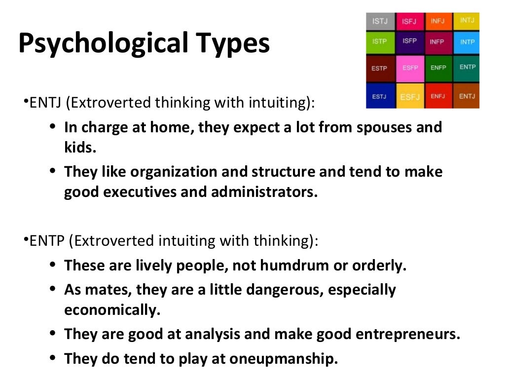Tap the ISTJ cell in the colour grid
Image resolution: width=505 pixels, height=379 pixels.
(x=379, y=21)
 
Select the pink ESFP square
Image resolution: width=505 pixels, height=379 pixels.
(x=409, y=68)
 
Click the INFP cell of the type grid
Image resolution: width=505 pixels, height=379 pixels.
(x=437, y=42)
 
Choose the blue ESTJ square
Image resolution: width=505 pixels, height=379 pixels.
(x=379, y=96)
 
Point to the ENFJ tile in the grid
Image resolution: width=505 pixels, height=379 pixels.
(x=437, y=96)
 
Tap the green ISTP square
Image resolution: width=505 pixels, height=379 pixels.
(x=379, y=42)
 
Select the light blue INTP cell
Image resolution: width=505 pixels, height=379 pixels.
(x=467, y=42)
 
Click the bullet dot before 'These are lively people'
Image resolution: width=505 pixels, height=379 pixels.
(x=53, y=265)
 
